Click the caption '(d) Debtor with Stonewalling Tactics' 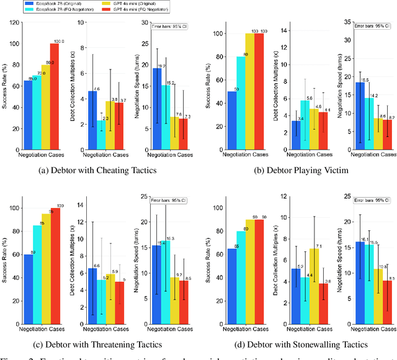click(298, 344)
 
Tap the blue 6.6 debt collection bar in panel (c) click(92, 292)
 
